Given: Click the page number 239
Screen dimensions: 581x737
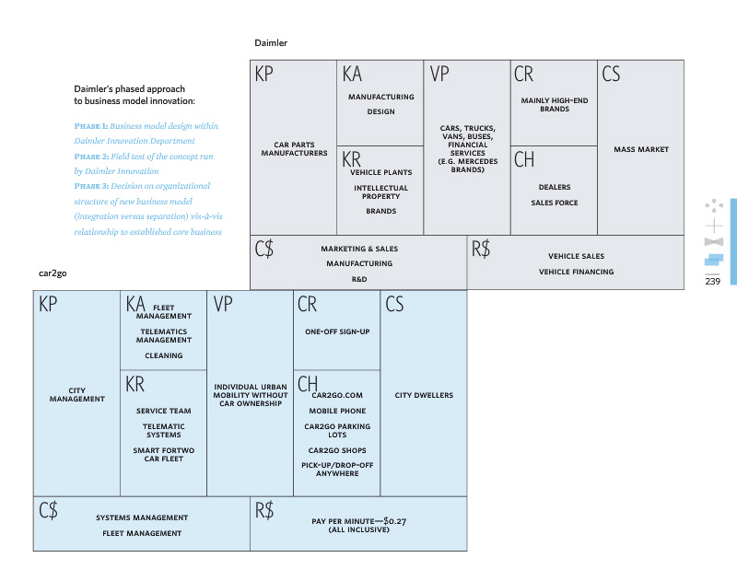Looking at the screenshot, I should coord(712,282).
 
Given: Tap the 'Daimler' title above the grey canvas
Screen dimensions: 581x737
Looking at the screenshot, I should coord(271,43).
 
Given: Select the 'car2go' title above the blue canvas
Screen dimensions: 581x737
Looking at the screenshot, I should coord(52,274).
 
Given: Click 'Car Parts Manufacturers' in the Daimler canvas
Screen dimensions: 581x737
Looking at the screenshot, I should coord(294,149).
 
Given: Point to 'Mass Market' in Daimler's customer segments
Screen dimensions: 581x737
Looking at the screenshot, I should coord(641,149).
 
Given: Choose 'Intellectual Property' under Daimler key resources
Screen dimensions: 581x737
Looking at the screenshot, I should coord(380,192).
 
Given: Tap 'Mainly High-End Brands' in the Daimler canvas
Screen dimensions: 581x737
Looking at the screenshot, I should coord(555,104).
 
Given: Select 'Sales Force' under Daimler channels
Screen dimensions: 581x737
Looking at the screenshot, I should coord(554,203).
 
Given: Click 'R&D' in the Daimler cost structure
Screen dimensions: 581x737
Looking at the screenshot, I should coord(359,278).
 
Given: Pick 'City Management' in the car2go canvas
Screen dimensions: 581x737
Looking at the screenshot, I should coord(77,395).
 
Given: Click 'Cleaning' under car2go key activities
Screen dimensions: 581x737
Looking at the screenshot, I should coord(164,355).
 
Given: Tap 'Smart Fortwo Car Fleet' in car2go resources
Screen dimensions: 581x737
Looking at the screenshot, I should coord(164,454).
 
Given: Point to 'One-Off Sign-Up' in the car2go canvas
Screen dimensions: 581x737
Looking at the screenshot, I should coord(337,331).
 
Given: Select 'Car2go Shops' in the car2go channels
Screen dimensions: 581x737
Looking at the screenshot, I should coord(336,450).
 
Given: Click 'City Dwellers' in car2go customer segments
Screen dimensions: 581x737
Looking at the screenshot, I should coord(424,395).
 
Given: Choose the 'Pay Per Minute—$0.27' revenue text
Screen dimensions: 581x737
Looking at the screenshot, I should coord(359,521).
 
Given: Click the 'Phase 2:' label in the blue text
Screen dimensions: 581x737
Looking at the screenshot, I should coord(91,157).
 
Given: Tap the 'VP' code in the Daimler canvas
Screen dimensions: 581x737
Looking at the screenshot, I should coord(439,75).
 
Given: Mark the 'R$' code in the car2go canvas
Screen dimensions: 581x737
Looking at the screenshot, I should coord(264,510).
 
